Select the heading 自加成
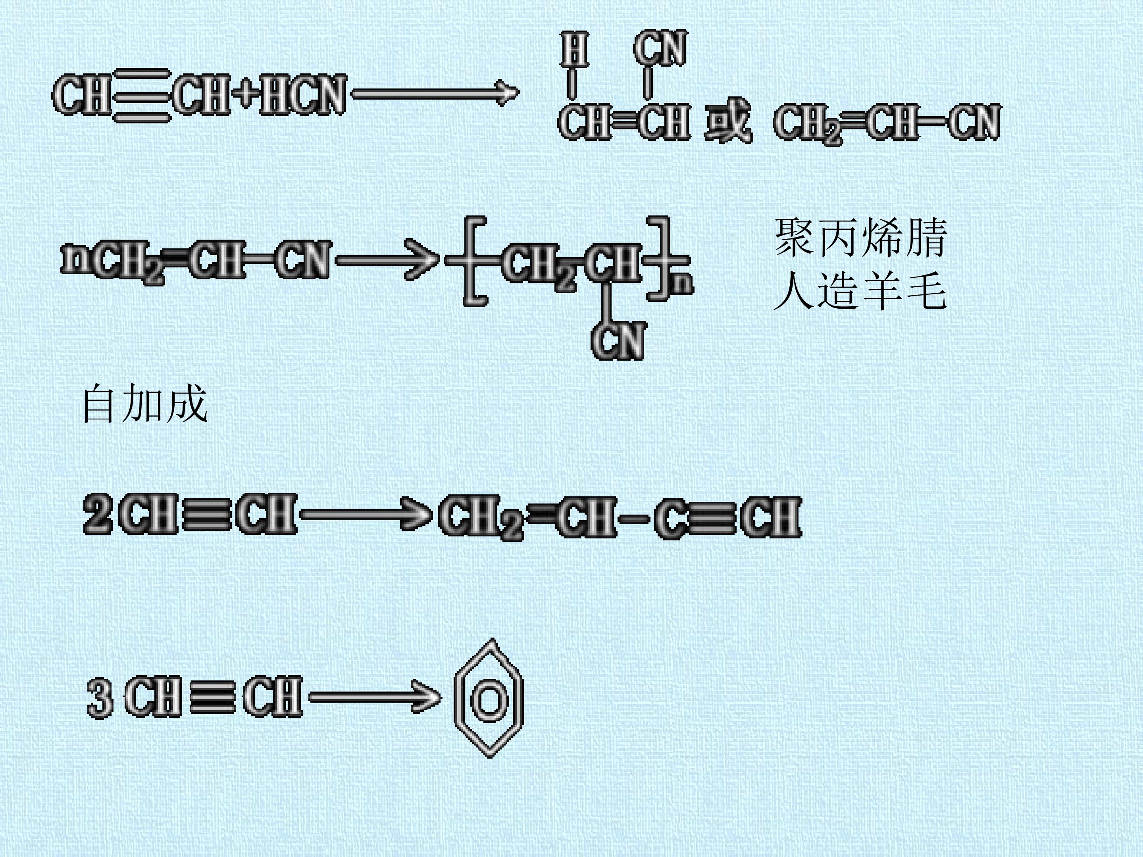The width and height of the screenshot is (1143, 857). [145, 404]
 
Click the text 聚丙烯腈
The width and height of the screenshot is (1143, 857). [860, 238]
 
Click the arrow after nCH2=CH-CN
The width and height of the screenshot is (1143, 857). [387, 259]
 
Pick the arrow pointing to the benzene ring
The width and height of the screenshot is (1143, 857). [375, 698]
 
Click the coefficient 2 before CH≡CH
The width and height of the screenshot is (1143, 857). [98, 514]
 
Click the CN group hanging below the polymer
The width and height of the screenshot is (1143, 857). [618, 340]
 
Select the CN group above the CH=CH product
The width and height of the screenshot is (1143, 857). [660, 48]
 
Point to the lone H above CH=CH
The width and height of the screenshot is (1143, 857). [575, 50]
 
